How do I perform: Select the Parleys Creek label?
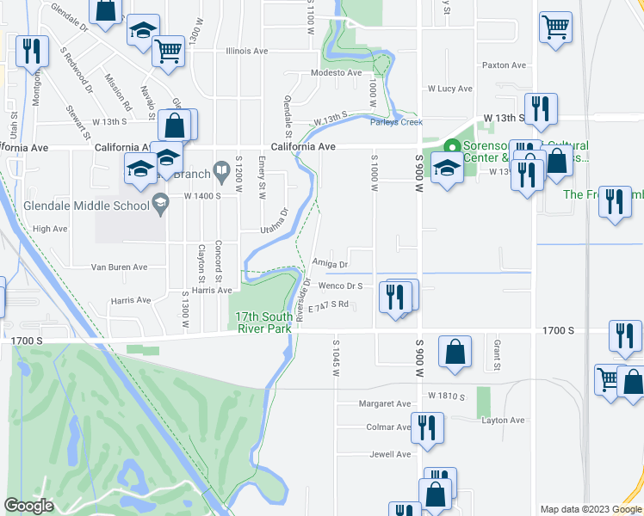(396, 122)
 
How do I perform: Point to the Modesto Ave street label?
(337, 73)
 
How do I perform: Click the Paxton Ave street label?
(505, 65)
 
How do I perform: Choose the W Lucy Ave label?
(450, 89)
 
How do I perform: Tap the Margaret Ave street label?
(386, 403)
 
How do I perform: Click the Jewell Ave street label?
(390, 454)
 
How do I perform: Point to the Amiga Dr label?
(331, 264)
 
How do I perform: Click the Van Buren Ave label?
(121, 267)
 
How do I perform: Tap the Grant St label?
(498, 354)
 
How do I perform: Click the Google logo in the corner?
(28, 506)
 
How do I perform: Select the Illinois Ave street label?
(247, 51)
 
